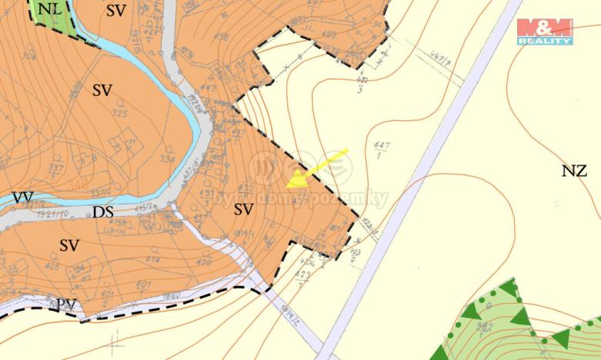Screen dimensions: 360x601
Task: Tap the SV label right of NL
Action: click(116, 10)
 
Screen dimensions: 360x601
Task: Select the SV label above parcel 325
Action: click(102, 90)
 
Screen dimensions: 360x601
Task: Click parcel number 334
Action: click(167, 159)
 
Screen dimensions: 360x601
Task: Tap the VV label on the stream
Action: click(22, 198)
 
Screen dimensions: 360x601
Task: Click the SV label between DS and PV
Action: click(69, 245)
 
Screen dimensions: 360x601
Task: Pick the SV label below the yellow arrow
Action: click(244, 209)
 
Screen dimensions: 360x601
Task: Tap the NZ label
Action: click(573, 172)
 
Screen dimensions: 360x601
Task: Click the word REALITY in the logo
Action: click(545, 40)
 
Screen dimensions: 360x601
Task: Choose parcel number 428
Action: click(203, 262)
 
